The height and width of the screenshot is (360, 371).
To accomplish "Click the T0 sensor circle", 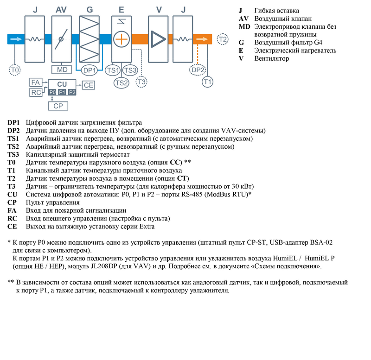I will click(15, 69).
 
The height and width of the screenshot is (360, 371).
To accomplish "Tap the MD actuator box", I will click(61, 69).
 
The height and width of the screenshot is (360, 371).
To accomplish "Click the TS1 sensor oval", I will click(113, 70).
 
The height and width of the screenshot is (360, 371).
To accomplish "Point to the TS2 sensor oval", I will click(121, 83).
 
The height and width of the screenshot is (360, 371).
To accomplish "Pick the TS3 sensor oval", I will click(130, 70).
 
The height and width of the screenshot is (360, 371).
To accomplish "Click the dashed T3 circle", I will click(141, 82).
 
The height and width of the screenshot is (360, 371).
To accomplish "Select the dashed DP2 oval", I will click(198, 70).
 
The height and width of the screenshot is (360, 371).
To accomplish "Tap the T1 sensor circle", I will click(208, 82).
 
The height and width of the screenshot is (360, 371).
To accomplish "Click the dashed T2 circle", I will click(224, 39).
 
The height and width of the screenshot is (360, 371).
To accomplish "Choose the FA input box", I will click(35, 82).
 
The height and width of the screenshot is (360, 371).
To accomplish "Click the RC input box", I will click(35, 92).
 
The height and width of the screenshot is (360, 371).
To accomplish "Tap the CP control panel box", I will click(58, 106).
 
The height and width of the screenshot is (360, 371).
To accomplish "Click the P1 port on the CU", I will click(62, 93).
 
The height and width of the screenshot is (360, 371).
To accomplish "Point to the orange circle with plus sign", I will click(121, 39).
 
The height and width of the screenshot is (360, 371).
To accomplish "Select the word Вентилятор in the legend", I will click(271, 58).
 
